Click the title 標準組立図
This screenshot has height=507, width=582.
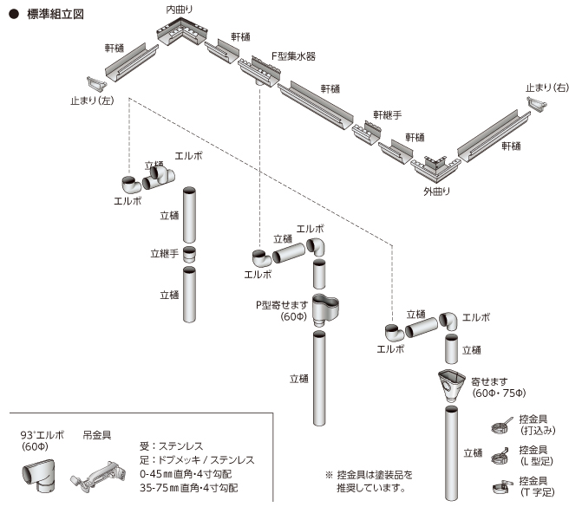coord(55,16)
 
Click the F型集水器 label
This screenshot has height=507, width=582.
coord(292,55)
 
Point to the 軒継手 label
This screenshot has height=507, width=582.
coord(387,114)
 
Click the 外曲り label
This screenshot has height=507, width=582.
coord(436,190)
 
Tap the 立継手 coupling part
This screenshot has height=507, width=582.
coord(190,255)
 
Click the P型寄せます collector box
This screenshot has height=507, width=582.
coord(325,308)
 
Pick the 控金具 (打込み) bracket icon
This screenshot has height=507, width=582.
coord(500,426)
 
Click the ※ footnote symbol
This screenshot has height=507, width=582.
coord(329,475)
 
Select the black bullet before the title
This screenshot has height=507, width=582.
coord(13,16)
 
